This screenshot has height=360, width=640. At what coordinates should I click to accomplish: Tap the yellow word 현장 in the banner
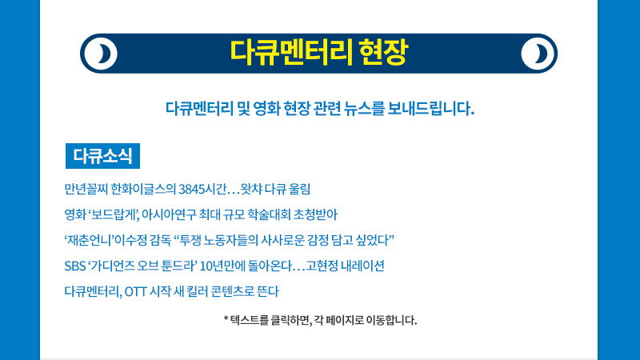383,53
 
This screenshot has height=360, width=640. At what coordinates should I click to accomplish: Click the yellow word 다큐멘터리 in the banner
291,53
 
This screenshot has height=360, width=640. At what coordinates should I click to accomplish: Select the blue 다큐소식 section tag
103,156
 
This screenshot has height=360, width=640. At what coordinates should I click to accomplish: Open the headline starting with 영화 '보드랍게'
201,214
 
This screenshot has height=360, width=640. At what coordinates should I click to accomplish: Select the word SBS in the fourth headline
75,266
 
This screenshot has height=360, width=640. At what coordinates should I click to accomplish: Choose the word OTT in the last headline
135,292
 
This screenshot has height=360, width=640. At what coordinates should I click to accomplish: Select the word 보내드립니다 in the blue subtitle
431,109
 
